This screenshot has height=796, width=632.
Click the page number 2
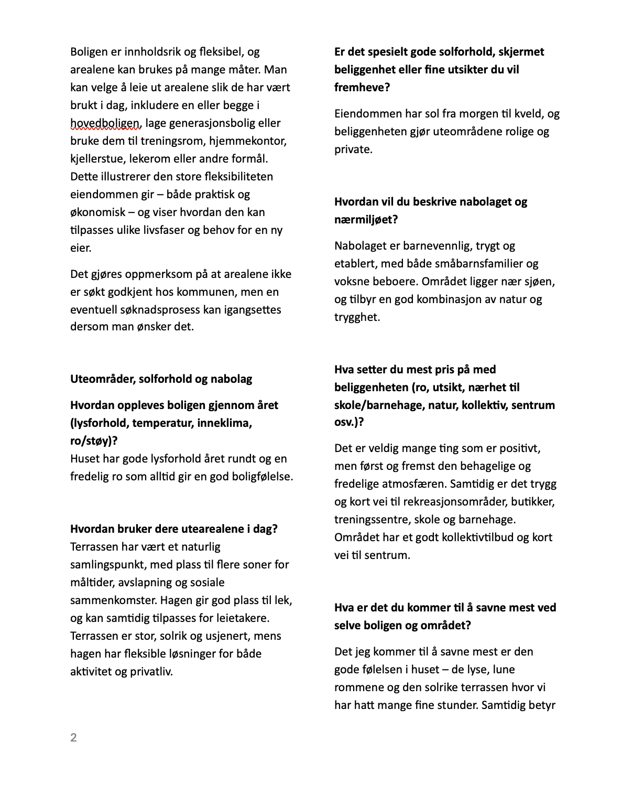pyautogui.click(x=73, y=738)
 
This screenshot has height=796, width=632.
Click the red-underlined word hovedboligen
pyautogui.click(x=105, y=123)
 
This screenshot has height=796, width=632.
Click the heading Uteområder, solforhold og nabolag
pyautogui.click(x=161, y=379)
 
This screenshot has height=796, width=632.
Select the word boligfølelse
pyautogui.click(x=260, y=477)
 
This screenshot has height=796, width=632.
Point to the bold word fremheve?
pyautogui.click(x=362, y=88)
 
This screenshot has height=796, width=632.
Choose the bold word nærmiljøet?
pyautogui.click(x=366, y=220)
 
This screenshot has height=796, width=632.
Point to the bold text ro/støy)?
pyautogui.click(x=94, y=441)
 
